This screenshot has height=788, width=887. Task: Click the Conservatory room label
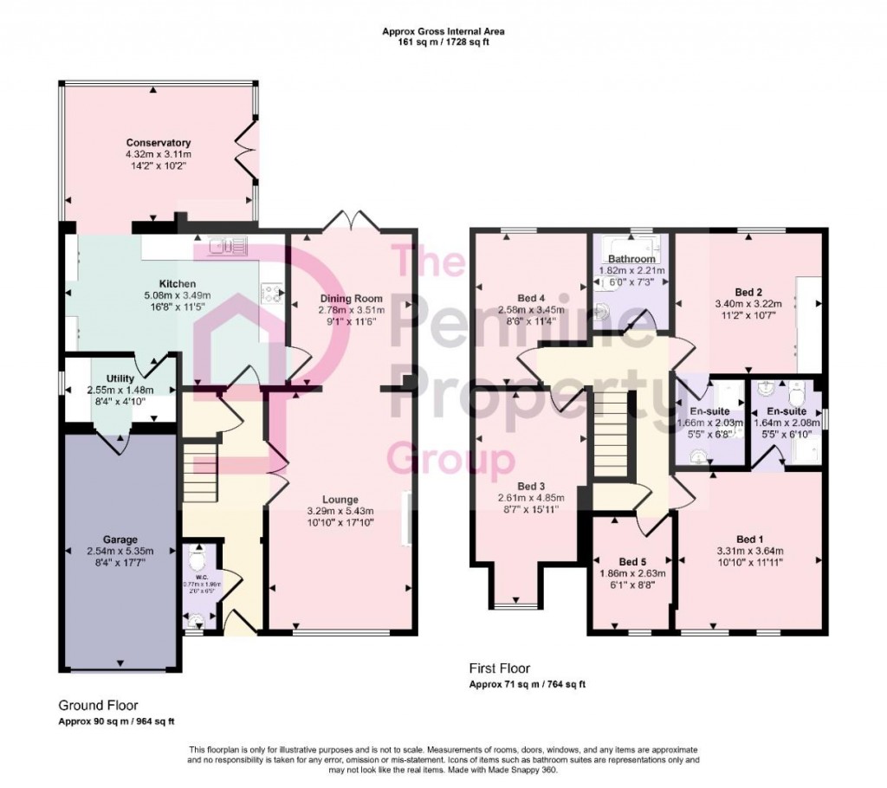158,143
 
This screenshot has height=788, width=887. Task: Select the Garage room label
116,539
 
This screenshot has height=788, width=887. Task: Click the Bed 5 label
632,561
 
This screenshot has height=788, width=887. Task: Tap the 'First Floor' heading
499,669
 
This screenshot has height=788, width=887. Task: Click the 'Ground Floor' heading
98,706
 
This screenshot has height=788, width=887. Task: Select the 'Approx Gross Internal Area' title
443,32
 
